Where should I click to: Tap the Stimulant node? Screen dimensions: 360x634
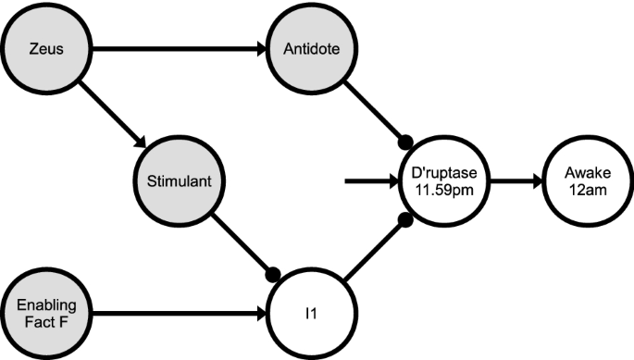tap(179, 181)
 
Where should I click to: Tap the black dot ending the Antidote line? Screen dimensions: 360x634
tap(404, 143)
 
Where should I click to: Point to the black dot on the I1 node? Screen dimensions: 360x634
tap(272, 274)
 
